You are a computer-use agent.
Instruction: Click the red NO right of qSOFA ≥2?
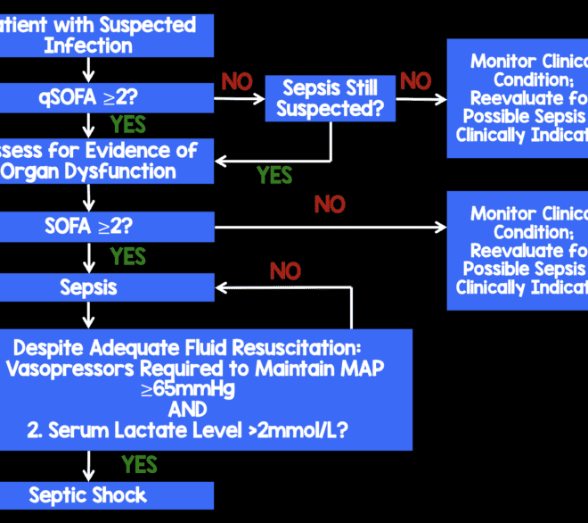pos(237,82)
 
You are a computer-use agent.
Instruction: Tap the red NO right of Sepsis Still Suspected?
pos(415,82)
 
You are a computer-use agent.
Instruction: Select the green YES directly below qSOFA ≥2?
pos(128,124)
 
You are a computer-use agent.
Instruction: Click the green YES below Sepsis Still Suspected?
pos(274,175)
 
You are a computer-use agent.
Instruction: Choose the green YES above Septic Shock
pos(140,465)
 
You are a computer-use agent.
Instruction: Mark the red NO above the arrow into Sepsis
pos(285,270)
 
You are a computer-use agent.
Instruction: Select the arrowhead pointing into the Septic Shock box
pos(87,476)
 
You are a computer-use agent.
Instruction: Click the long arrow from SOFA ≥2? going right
pos(330,227)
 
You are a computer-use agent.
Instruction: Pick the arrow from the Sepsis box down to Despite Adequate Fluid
pos(87,314)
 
